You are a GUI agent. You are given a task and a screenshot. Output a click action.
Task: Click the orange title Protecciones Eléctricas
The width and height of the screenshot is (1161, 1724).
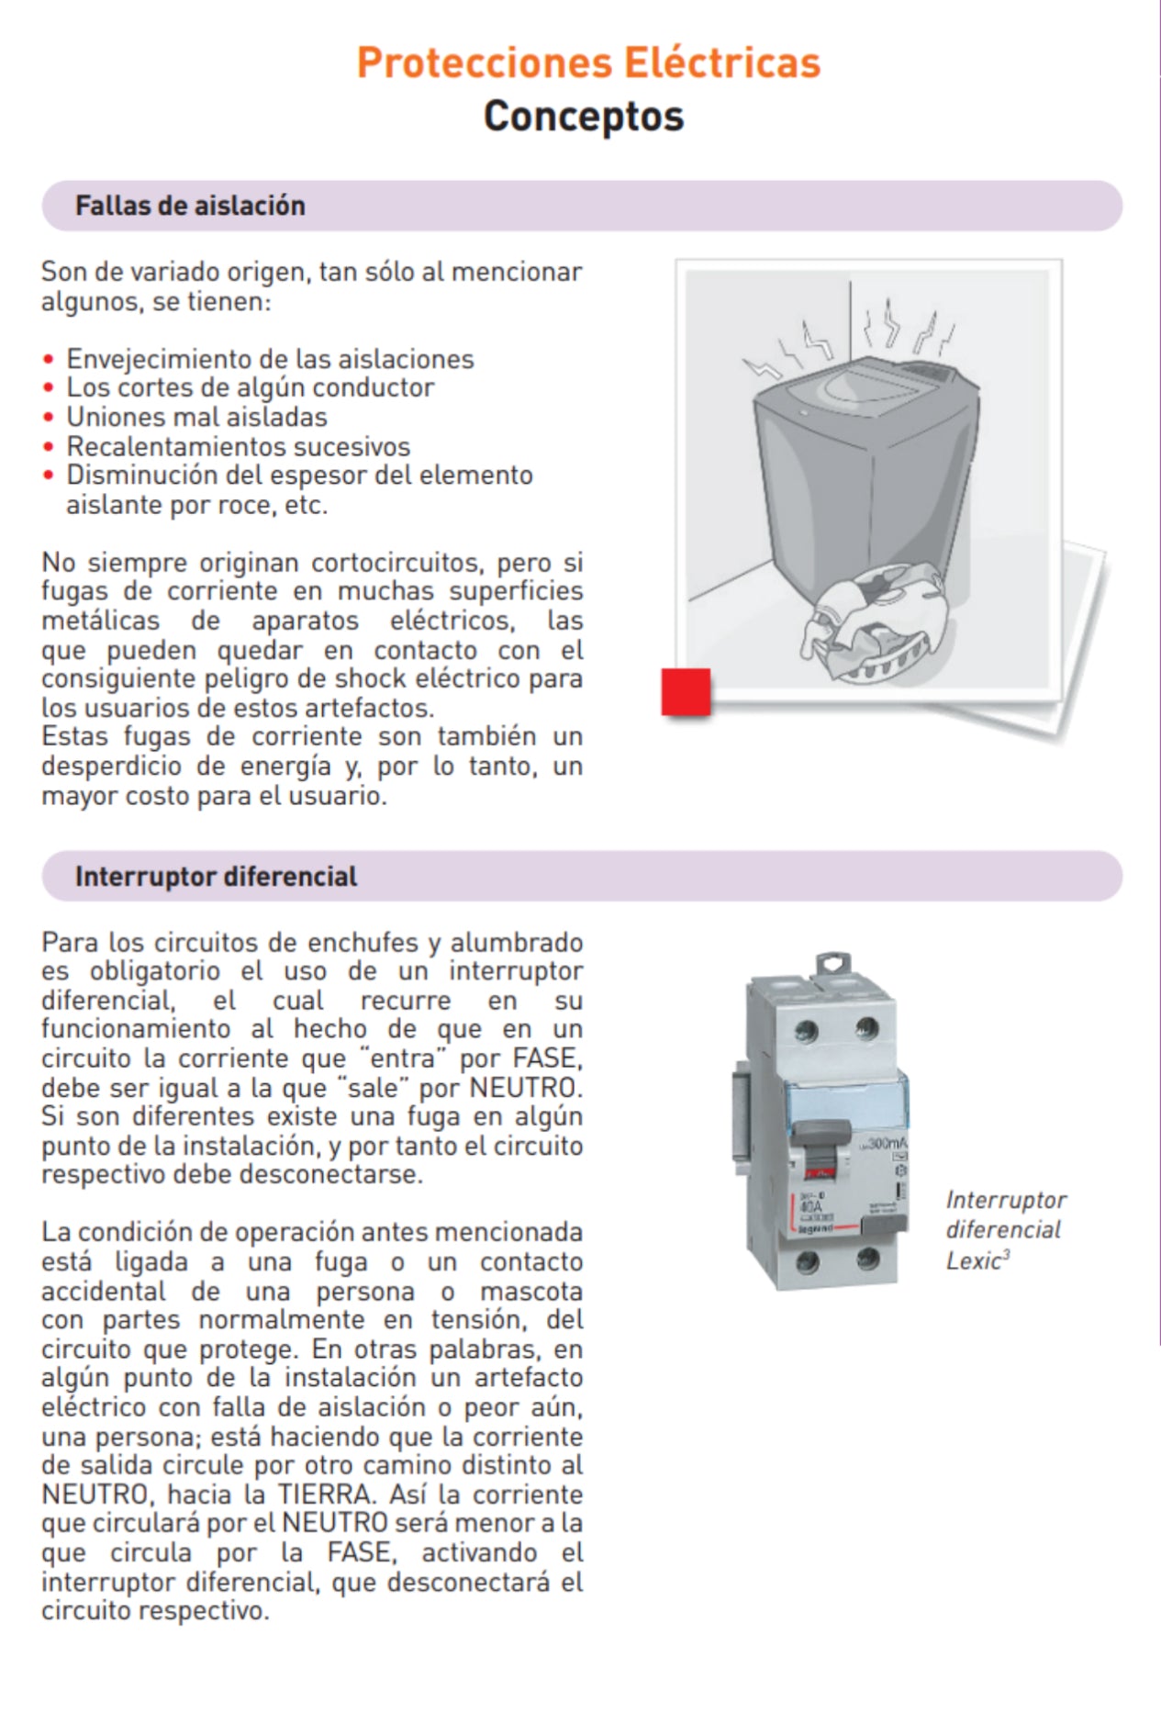click(x=588, y=62)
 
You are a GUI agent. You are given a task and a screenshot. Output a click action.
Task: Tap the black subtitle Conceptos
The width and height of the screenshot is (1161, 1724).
click(x=584, y=117)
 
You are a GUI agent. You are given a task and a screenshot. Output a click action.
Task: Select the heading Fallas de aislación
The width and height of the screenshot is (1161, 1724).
click(x=190, y=206)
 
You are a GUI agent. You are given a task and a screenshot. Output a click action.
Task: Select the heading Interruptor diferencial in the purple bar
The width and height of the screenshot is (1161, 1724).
click(x=216, y=877)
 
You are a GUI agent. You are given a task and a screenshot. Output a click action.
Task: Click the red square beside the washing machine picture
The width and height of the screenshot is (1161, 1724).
click(x=686, y=692)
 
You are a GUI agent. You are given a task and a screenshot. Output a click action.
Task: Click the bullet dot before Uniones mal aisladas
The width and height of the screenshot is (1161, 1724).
click(x=49, y=418)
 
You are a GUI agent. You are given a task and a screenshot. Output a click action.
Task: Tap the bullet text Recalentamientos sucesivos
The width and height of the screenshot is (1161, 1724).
click(x=238, y=447)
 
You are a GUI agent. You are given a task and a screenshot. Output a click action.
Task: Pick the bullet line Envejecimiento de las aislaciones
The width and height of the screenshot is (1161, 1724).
click(x=270, y=359)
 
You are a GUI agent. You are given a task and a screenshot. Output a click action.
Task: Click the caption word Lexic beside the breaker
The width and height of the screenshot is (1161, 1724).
click(x=973, y=1261)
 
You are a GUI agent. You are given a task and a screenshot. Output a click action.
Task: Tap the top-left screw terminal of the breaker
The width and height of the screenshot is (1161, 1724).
click(x=806, y=1030)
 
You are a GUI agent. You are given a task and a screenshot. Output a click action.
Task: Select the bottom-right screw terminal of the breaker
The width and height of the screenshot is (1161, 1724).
click(x=867, y=1259)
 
